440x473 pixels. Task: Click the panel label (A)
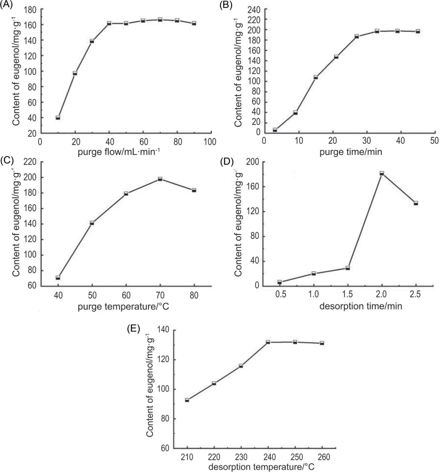click(6, 5)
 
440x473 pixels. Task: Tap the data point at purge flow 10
click(58, 117)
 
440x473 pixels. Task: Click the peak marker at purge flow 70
click(160, 20)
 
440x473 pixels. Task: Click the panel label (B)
click(226, 5)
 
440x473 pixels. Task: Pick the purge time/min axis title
click(351, 152)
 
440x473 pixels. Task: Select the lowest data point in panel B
click(275, 130)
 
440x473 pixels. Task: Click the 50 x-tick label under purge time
click(434, 141)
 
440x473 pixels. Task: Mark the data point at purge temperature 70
click(160, 179)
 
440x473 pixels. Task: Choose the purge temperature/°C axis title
click(123, 306)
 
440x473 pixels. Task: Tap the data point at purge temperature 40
click(58, 278)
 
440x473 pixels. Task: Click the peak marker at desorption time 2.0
click(382, 173)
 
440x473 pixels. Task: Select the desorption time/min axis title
click(361, 306)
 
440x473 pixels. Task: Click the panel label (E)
click(134, 329)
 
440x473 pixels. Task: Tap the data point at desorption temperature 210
click(187, 400)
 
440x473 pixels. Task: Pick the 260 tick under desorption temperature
click(324, 457)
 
